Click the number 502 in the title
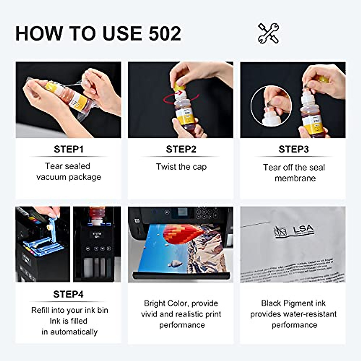[165, 33]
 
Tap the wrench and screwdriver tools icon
[268, 33]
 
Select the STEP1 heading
[68, 149]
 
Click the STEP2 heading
[181, 149]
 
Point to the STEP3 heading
[293, 149]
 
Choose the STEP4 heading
[68, 294]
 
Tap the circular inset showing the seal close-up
[271, 106]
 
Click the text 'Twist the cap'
[181, 167]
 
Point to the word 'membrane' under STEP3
[295, 178]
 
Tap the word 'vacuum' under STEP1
[50, 177]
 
